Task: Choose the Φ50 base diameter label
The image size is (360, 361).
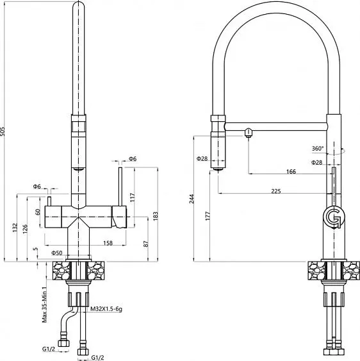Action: tap(58, 253)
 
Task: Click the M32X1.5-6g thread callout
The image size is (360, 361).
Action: tap(106, 309)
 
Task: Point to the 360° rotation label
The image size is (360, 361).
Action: tap(318, 149)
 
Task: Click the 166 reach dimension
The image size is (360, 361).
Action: tap(291, 171)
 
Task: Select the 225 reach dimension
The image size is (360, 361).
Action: tap(276, 190)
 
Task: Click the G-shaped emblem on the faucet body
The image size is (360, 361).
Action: tap(333, 217)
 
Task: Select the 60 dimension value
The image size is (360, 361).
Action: tap(38, 212)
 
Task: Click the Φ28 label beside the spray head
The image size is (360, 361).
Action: tap(202, 158)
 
